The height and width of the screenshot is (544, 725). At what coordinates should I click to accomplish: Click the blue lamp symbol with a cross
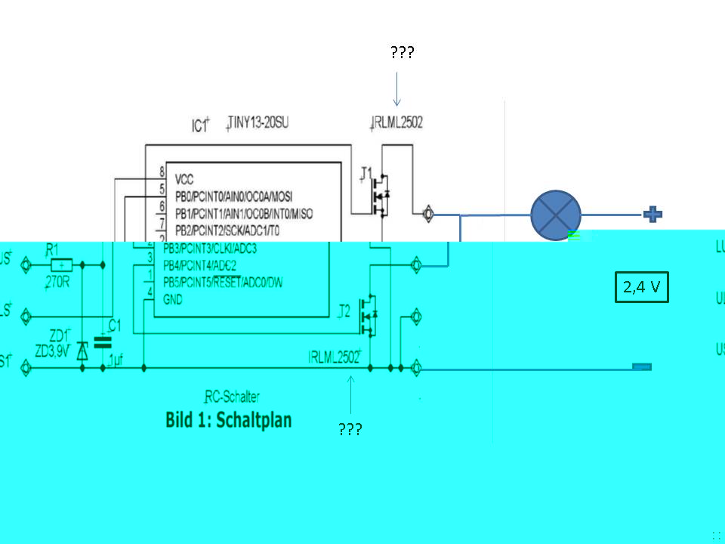point(556,215)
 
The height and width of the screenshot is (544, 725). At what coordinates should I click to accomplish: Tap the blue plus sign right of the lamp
point(652,215)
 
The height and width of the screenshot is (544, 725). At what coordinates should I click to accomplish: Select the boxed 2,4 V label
point(642,287)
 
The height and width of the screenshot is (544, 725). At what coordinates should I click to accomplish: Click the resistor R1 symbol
point(62,265)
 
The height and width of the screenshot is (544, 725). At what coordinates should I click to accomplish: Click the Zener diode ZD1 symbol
point(82,349)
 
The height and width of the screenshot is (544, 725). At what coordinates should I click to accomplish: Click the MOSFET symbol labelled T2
point(369,314)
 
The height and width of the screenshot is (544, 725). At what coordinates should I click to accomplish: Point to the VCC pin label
point(184,180)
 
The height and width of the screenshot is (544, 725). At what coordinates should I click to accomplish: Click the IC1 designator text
point(199,125)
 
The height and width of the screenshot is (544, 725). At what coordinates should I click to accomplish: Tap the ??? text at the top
point(402,53)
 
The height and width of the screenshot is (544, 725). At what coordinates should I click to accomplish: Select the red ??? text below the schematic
point(350,430)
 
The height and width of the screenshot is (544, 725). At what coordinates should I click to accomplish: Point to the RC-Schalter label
point(233,397)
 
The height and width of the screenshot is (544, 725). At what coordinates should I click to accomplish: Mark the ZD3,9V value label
point(52,351)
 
